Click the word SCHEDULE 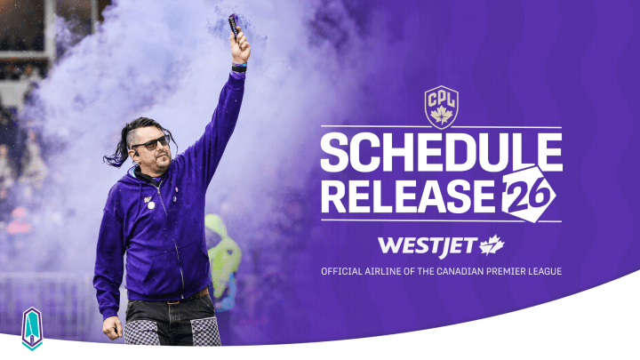point(441,154)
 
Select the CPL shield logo point(441,108)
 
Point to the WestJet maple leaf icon point(492,244)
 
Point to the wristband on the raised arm point(240,67)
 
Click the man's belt point(172,296)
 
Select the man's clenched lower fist point(112,327)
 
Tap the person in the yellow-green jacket point(221,259)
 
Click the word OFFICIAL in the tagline point(342,270)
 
